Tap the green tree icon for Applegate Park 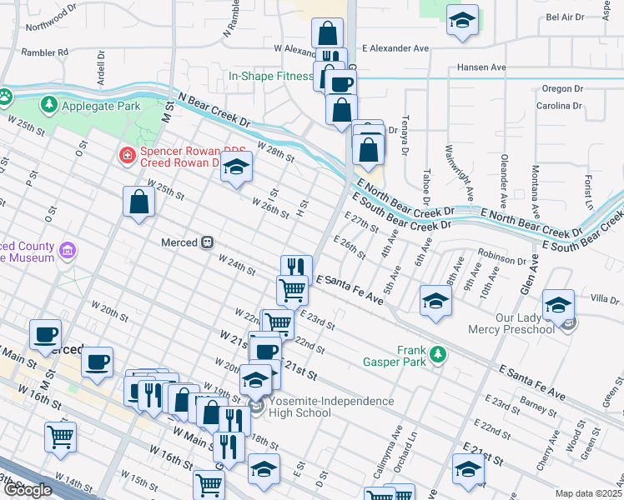[x=49, y=105]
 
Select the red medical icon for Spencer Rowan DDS [x=126, y=154]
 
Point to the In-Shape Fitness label [x=270, y=77]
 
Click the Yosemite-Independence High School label [x=331, y=407]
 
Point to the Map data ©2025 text [x=589, y=493]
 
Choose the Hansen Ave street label [x=481, y=67]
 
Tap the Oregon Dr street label [x=561, y=88]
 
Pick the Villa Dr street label [x=604, y=298]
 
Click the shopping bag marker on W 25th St [x=138, y=202]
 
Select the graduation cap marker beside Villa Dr [x=558, y=305]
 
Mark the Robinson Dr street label [x=501, y=260]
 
